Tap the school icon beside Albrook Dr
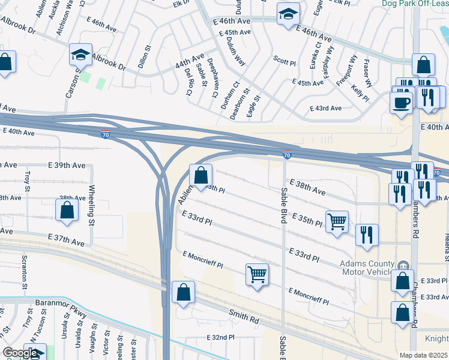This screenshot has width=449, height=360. (80, 55)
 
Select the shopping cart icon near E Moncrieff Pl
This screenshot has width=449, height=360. (257, 274)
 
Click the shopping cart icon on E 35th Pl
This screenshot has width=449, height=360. (337, 221)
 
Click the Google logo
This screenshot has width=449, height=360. (20, 353)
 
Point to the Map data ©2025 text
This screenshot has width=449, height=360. (423, 355)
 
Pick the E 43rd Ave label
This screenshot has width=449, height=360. (325, 109)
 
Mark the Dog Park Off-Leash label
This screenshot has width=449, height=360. (415, 3)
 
